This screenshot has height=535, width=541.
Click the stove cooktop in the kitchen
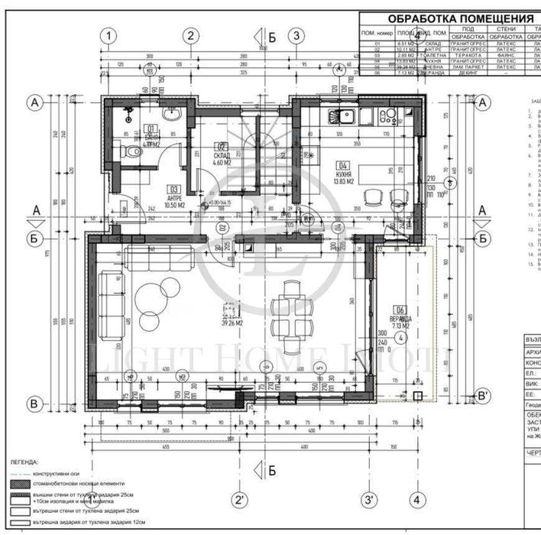click(x=388, y=117)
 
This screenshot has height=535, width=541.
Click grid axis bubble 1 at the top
click(x=111, y=35)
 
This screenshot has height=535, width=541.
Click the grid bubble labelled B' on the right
click(x=482, y=396)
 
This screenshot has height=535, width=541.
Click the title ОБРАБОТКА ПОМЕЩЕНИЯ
click(x=459, y=18)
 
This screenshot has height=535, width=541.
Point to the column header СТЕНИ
click(x=506, y=28)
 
